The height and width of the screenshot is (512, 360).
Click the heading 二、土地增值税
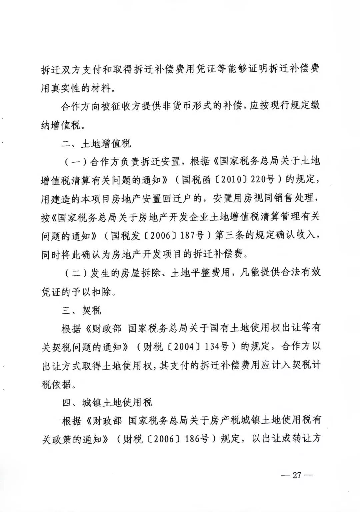pyautogui.click(x=96, y=143)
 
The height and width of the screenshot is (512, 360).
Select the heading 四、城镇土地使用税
pyautogui.click(x=107, y=403)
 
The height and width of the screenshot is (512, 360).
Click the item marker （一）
pyautogui.click(x=76, y=162)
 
